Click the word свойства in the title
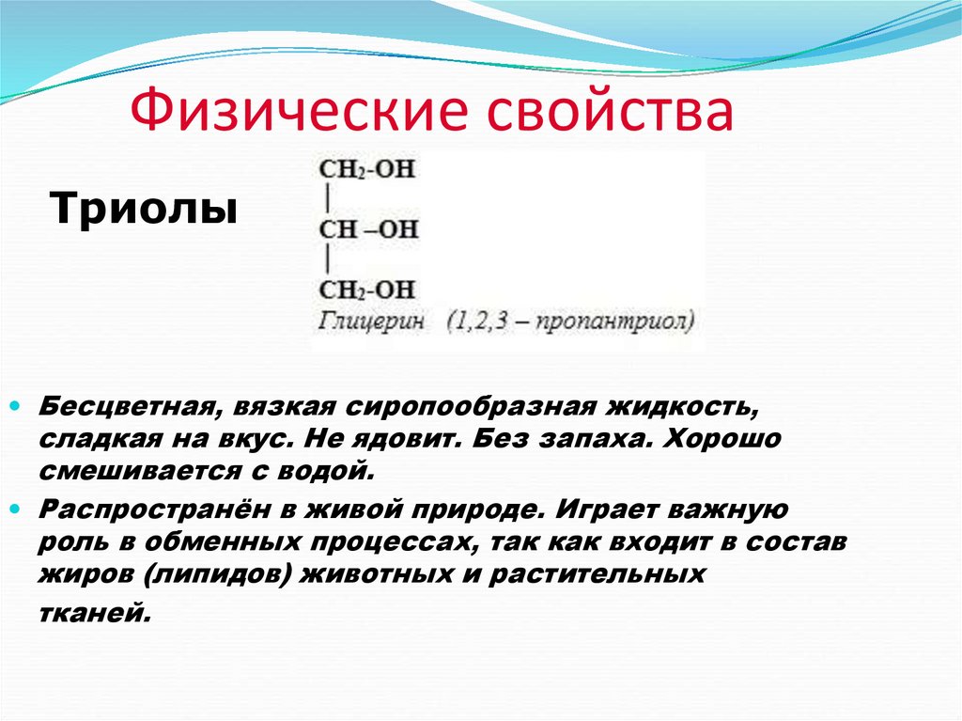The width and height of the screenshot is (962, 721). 609,112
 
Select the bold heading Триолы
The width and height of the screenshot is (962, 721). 143,207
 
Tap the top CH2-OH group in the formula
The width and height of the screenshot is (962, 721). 367,171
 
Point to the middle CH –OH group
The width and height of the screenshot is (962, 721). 368,229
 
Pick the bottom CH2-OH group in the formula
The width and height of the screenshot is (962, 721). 367,289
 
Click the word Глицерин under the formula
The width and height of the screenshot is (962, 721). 372,321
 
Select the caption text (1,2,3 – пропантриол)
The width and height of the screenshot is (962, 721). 571,321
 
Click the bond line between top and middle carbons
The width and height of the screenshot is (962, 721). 326,200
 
